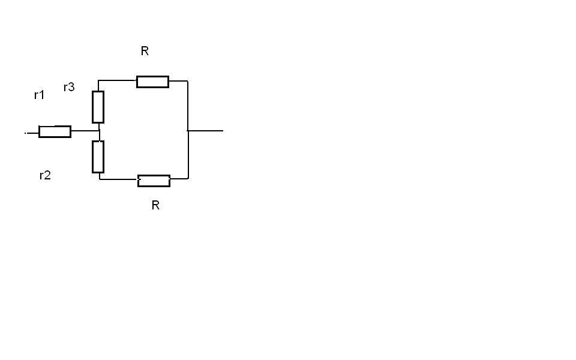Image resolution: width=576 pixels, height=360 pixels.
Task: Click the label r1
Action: (39, 95)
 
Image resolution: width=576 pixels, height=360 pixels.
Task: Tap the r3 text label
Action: (69, 87)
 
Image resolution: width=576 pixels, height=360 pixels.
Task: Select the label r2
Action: (45, 175)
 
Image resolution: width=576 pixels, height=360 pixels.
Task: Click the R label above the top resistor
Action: (145, 52)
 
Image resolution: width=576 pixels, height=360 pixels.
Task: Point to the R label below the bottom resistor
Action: (155, 205)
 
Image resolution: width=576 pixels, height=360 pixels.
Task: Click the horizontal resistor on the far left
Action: (55, 132)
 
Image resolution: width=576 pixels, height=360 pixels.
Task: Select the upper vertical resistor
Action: (98, 107)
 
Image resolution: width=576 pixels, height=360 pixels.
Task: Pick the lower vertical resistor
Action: (98, 157)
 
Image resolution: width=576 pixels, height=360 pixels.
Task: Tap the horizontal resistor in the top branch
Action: (152, 82)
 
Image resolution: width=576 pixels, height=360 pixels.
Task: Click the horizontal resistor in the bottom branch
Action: (154, 181)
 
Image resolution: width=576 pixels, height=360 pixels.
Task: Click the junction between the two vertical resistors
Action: (99, 131)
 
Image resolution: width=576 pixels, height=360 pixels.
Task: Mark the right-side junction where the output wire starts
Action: (188, 130)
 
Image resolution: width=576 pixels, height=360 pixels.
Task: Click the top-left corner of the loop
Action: (98, 80)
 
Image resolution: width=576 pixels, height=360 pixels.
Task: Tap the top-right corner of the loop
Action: (188, 81)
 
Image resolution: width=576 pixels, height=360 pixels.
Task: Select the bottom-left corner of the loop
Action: (100, 178)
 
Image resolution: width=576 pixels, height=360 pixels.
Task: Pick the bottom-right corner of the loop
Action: (188, 178)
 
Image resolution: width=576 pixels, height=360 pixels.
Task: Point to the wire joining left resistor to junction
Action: (85, 131)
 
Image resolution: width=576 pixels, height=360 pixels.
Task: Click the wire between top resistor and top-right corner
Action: (178, 81)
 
